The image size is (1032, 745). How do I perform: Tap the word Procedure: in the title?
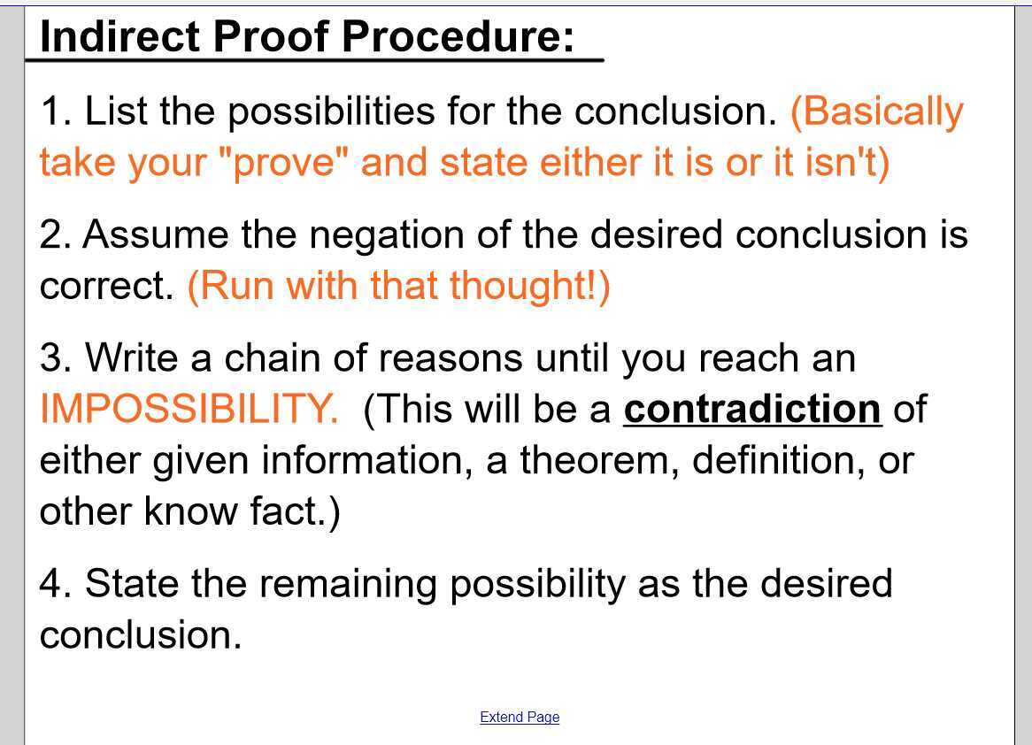(x=458, y=36)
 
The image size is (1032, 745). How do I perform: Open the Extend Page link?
(x=520, y=717)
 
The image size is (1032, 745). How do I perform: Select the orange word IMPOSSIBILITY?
(x=188, y=409)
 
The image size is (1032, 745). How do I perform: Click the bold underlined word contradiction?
(x=752, y=409)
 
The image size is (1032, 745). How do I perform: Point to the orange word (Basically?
(x=876, y=111)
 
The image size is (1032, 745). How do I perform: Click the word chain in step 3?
(x=272, y=358)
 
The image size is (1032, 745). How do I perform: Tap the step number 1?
(x=56, y=111)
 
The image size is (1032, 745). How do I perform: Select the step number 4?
(x=56, y=584)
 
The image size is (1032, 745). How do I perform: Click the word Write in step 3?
(x=132, y=358)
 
